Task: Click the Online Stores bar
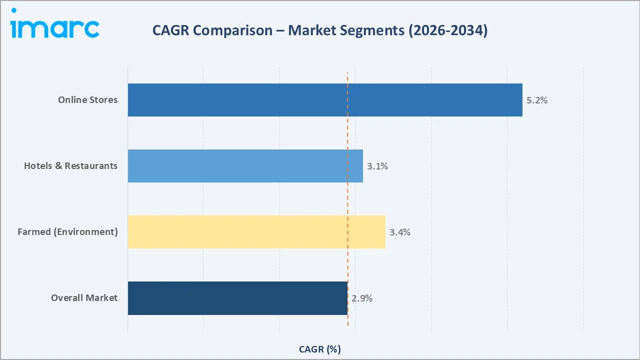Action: pyautogui.click(x=325, y=100)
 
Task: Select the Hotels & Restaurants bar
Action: pyautogui.click(x=245, y=166)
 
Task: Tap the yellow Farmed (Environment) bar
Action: pyautogui.click(x=256, y=232)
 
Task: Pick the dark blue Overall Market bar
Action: pyautogui.click(x=237, y=298)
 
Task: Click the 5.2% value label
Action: pyautogui.click(x=536, y=100)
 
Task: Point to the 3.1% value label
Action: pyautogui.click(x=377, y=166)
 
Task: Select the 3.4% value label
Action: pyautogui.click(x=399, y=232)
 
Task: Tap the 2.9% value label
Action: pyautogui.click(x=361, y=298)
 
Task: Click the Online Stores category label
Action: pyautogui.click(x=87, y=100)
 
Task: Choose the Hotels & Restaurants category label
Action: pyautogui.click(x=70, y=166)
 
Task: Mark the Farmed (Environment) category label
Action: pyautogui.click(x=67, y=232)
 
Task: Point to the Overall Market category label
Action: pyautogui.click(x=84, y=298)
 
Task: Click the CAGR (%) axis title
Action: pyautogui.click(x=319, y=349)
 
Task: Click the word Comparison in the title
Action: pyautogui.click(x=232, y=31)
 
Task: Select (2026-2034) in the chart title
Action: pyautogui.click(x=448, y=30)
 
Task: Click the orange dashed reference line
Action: pyautogui.click(x=347, y=200)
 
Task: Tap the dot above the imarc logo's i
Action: pyautogui.click(x=13, y=10)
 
